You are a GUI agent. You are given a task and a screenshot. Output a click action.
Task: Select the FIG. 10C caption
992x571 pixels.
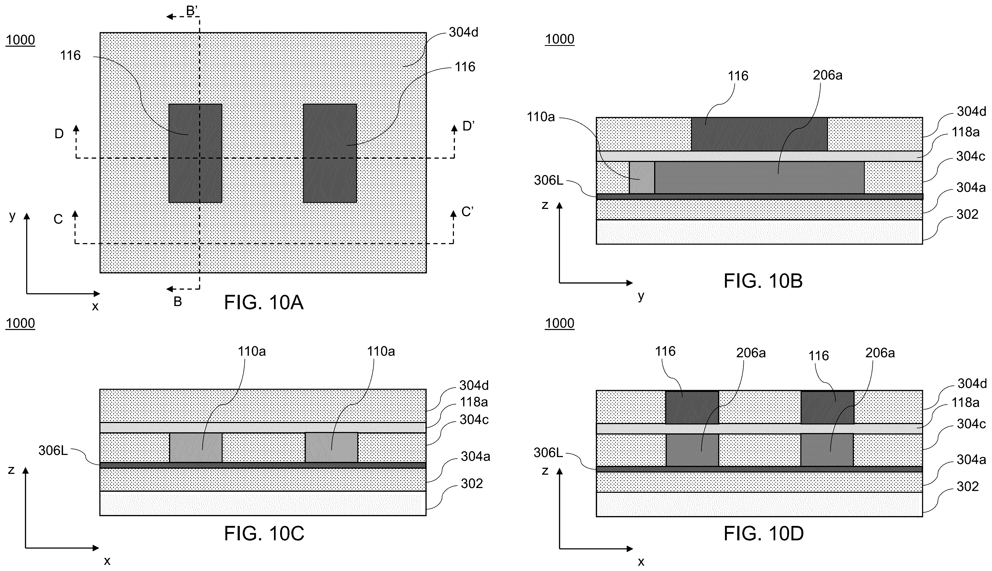[264, 533]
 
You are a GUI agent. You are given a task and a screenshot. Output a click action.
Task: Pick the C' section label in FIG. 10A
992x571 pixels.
[467, 212]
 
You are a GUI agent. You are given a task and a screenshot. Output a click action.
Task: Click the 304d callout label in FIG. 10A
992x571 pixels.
[464, 33]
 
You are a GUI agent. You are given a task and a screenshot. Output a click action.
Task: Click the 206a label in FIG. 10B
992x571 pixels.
[828, 75]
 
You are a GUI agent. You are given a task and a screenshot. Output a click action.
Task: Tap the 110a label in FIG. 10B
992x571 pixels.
[541, 117]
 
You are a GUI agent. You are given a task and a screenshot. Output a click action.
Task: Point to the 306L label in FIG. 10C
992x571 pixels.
[53, 451]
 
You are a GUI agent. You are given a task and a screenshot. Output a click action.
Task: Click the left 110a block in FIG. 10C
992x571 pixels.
[196, 447]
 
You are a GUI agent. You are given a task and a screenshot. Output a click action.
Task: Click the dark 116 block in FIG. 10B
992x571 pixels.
[759, 134]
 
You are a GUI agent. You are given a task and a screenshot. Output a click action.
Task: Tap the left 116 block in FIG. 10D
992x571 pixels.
[692, 407]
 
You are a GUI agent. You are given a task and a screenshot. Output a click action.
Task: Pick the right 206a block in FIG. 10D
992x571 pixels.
[827, 450]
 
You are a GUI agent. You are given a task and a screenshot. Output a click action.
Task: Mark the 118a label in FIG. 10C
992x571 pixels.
[474, 402]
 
